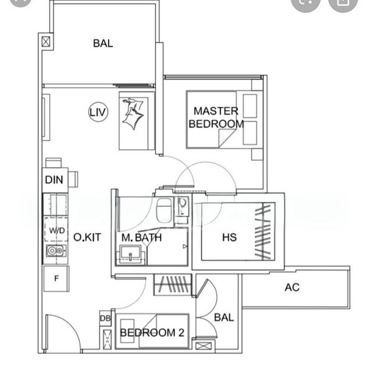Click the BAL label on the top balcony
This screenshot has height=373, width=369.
(x=103, y=43)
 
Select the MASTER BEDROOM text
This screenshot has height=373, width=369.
(x=216, y=117)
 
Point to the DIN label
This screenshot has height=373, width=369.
(x=53, y=180)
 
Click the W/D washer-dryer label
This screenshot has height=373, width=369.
(x=57, y=231)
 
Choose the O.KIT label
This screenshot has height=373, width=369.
(x=87, y=237)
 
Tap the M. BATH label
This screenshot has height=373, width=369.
(x=142, y=237)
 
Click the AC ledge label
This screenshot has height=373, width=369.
(x=292, y=287)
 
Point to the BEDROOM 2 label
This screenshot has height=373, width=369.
(x=152, y=333)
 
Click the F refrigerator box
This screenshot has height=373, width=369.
(x=56, y=279)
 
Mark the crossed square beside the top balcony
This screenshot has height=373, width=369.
(x=46, y=43)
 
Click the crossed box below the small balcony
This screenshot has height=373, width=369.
(x=204, y=347)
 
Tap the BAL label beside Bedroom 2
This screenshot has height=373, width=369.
(x=224, y=317)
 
